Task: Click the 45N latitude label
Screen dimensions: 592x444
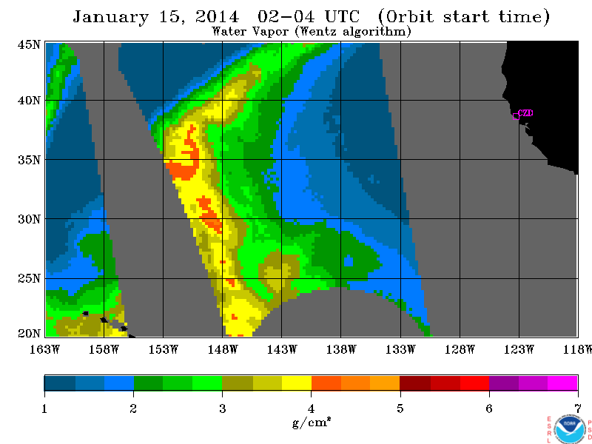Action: [29, 45]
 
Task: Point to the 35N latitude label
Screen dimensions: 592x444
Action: [29, 160]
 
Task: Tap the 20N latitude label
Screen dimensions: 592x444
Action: [29, 334]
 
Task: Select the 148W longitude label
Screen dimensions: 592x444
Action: [223, 349]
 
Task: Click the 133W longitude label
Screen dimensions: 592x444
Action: [400, 349]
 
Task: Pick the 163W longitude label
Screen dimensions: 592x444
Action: [44, 349]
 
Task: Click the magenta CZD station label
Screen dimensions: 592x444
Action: [526, 113]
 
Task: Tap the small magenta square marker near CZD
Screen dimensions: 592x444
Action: [516, 116]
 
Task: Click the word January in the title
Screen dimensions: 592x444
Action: [110, 17]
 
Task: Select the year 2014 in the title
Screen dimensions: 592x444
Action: [218, 16]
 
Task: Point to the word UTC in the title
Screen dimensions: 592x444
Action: [342, 16]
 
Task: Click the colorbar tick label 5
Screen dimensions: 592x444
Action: [400, 408]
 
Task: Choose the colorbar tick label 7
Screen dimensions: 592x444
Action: [578, 408]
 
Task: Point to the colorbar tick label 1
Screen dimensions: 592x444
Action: [44, 408]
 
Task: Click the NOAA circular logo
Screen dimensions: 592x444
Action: [570, 428]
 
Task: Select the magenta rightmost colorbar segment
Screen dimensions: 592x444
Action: [562, 383]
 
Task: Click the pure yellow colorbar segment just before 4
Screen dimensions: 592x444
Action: [297, 383]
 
